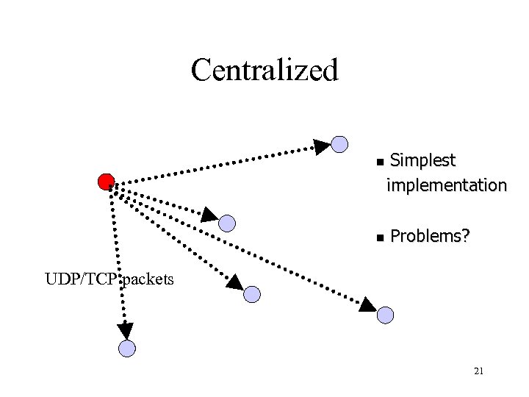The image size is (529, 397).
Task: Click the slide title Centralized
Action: click(x=264, y=71)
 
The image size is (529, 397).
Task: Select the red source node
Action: click(x=107, y=182)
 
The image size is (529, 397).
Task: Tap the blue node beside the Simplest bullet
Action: click(x=339, y=144)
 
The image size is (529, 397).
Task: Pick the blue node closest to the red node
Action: click(x=228, y=223)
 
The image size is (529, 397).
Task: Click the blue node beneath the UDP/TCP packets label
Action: click(x=127, y=348)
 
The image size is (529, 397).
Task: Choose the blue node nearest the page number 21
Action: click(x=385, y=315)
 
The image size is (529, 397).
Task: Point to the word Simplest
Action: click(x=422, y=160)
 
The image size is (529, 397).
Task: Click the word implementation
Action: click(x=447, y=185)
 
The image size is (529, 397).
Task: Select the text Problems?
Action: click(x=430, y=237)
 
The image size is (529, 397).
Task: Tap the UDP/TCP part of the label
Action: click(x=81, y=279)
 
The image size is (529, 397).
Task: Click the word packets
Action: click(x=148, y=279)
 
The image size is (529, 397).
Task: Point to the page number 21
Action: click(x=478, y=372)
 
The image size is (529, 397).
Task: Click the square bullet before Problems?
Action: click(x=379, y=238)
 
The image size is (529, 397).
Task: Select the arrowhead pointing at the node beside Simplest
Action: click(x=322, y=146)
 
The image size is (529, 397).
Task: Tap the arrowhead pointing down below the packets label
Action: click(x=126, y=330)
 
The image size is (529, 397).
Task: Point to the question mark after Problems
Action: click(x=466, y=237)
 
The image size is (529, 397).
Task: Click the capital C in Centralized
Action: click(x=201, y=71)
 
